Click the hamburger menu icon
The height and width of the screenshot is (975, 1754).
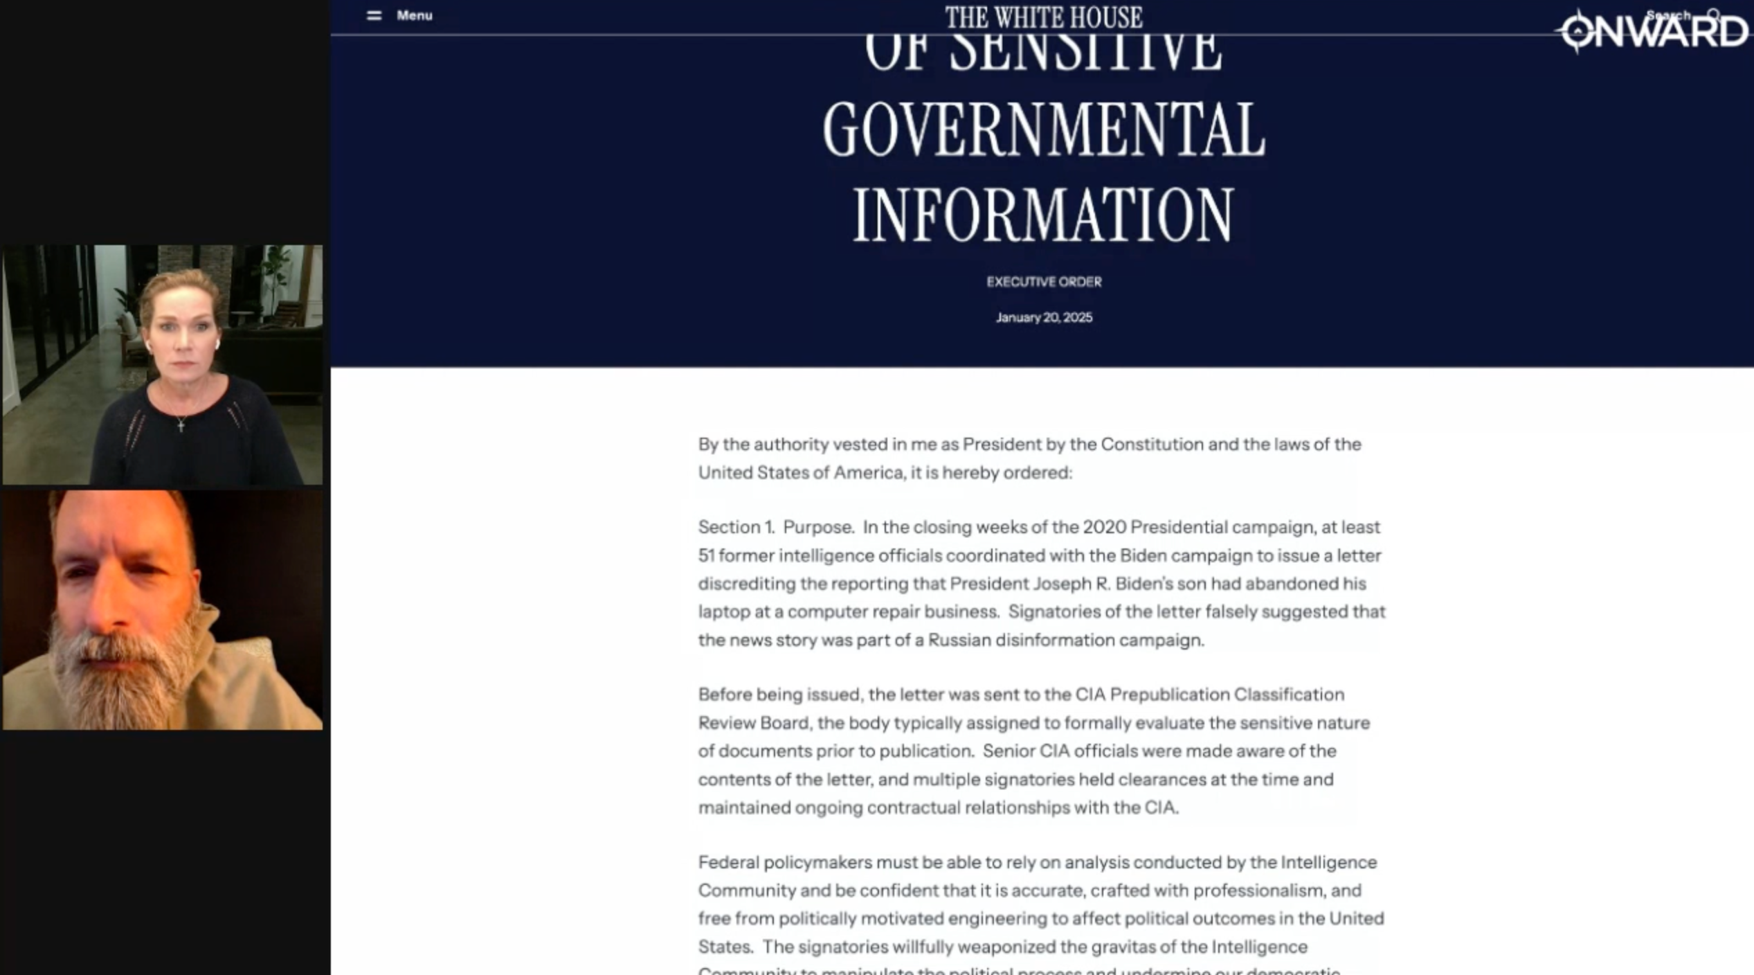(x=374, y=15)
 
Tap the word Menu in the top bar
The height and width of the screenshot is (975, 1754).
(x=414, y=15)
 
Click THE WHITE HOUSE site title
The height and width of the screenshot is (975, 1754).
(x=1044, y=17)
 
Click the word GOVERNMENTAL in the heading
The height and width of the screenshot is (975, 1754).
(x=1044, y=130)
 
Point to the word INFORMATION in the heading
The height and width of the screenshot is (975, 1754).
(x=1043, y=215)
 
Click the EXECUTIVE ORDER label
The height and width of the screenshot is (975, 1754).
(x=1044, y=282)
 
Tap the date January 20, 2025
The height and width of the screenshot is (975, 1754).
(x=1044, y=317)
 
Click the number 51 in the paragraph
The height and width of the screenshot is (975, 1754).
(x=705, y=555)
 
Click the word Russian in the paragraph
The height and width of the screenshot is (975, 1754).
(x=959, y=640)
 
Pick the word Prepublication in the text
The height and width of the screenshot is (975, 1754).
(x=1170, y=695)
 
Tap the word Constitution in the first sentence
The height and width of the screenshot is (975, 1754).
(x=1152, y=444)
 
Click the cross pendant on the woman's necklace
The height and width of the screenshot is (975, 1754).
(x=181, y=424)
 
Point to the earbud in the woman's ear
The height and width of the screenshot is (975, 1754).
(x=217, y=343)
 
